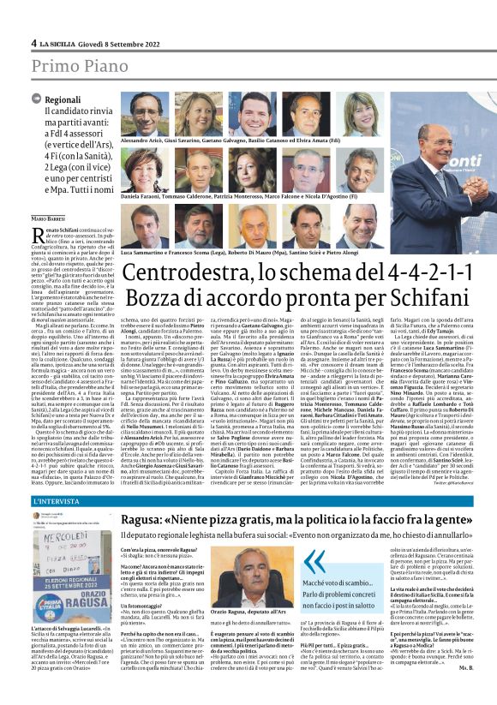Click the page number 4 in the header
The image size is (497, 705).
coord(33,43)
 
